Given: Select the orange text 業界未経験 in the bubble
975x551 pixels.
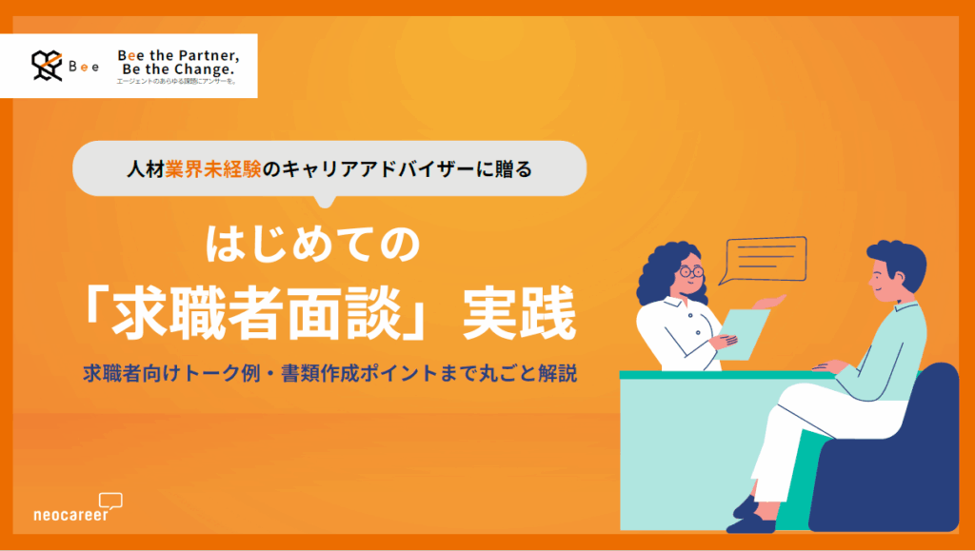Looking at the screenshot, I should point(204,171).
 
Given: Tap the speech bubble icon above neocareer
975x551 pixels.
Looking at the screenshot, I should point(111,499).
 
